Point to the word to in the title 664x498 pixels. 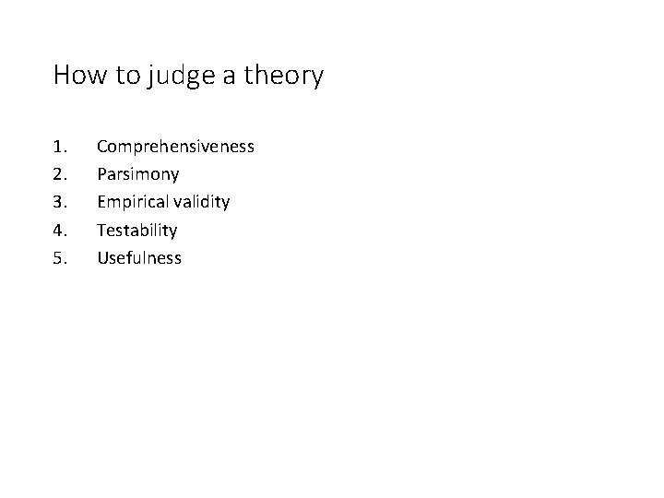[124, 76]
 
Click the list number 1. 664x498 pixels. [60, 147]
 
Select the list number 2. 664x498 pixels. [60, 174]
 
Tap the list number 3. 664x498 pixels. [60, 202]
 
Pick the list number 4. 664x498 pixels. [60, 230]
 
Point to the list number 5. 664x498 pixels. [60, 258]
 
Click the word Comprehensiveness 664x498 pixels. [175, 148]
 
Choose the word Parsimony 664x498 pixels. [137, 175]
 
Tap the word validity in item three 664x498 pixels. [200, 203]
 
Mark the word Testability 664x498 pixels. [136, 231]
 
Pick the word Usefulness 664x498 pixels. [139, 258]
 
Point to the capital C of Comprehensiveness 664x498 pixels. [102, 147]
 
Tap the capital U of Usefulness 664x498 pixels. [102, 258]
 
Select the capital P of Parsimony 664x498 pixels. [101, 174]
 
